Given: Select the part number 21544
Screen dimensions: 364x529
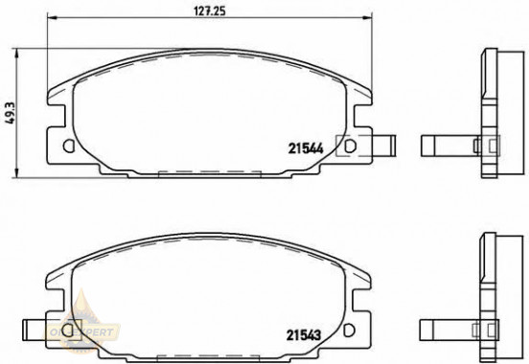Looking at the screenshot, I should [304, 147].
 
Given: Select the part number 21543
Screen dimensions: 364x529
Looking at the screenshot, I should [304, 334].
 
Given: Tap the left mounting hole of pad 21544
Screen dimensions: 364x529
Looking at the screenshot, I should [67, 147].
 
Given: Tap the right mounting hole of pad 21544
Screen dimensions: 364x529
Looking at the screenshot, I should [350, 147].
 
